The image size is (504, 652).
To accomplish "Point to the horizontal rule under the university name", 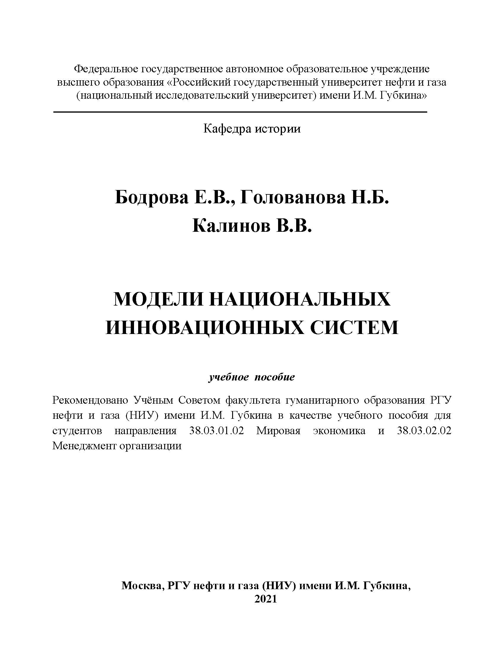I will [x=240, y=112].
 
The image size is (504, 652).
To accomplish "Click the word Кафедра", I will [x=227, y=129].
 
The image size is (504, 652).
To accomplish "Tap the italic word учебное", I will [x=228, y=377].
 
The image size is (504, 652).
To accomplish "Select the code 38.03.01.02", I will [x=216, y=431].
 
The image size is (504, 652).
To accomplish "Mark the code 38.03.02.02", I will [x=424, y=431].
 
